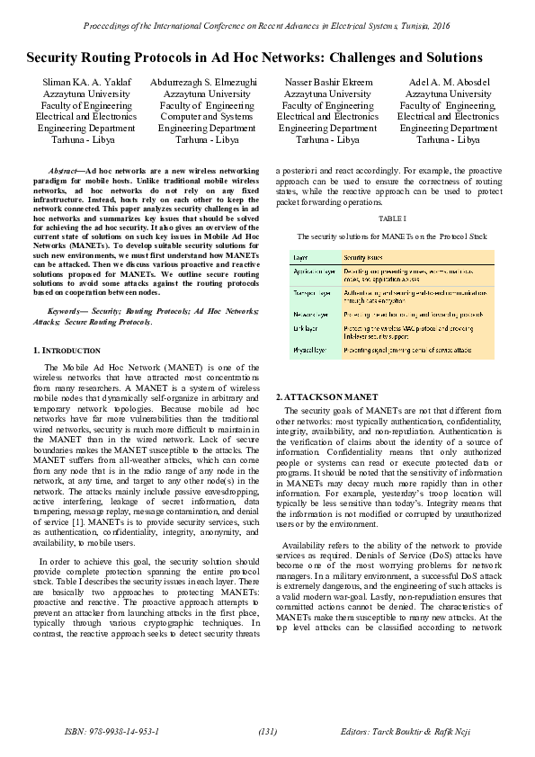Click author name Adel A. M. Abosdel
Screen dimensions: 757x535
pos(448,82)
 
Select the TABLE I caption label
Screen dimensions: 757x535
pos(392,218)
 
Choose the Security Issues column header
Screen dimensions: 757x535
pos(362,256)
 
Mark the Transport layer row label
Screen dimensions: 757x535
pos(311,293)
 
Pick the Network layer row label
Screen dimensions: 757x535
pos(310,316)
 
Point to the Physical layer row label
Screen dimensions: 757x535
pos(309,349)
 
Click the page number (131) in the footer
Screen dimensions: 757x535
pos(267,731)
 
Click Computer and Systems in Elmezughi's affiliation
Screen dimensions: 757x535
pos(207,116)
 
